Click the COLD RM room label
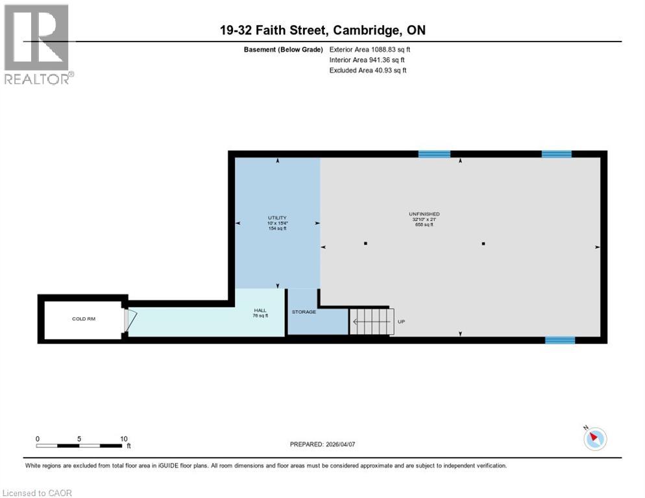pos(83,319)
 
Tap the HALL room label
pos(260,313)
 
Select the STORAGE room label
pos(304,312)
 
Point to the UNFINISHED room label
pos(424,214)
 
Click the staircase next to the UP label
pos(372,321)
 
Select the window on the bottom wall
pos(559,340)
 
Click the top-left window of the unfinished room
pos(434,154)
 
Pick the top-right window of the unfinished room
pos(556,154)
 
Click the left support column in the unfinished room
pos(366,244)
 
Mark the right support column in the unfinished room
pos(483,244)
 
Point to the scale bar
pos(80,445)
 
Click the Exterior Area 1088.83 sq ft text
pos(370,49)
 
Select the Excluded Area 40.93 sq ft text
pos(368,71)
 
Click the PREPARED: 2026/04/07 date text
pos(322,444)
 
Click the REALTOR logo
pos(38,44)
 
